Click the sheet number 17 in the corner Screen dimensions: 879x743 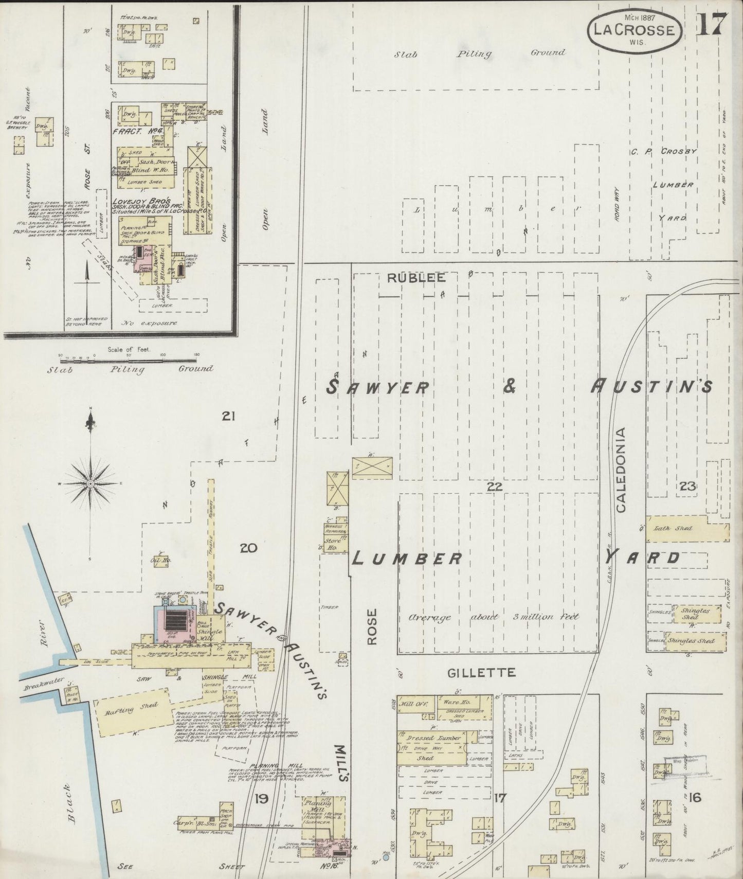click(x=712, y=23)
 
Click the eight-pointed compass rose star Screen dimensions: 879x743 click(x=90, y=484)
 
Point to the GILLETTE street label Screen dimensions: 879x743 click(x=481, y=672)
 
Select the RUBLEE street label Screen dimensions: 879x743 click(x=416, y=278)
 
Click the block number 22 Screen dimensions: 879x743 click(x=494, y=486)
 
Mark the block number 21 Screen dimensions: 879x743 click(x=228, y=416)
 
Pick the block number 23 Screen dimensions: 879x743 click(x=687, y=486)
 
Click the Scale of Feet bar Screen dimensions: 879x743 click(x=129, y=356)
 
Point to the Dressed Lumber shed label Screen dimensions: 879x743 click(x=431, y=738)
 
